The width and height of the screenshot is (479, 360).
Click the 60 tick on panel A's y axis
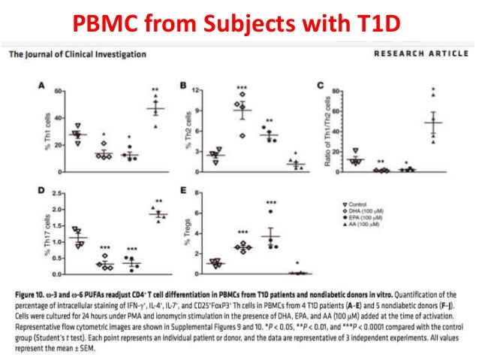coord(59,90)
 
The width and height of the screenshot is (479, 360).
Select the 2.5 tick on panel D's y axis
coord(59,194)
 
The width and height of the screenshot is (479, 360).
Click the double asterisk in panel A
coord(155,90)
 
